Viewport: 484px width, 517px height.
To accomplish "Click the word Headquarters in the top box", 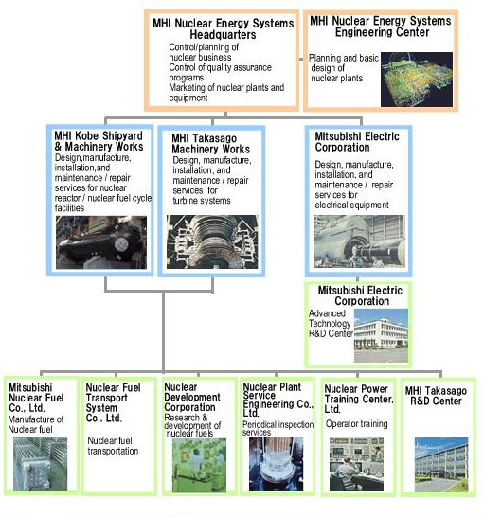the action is tap(223, 35).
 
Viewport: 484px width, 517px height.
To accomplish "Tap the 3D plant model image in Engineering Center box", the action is tap(417, 80).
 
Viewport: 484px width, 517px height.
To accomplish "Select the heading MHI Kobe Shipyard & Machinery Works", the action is tap(99, 141).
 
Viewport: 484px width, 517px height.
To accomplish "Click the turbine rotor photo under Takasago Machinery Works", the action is tap(212, 241).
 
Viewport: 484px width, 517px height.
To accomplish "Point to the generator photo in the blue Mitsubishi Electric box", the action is tap(359, 241).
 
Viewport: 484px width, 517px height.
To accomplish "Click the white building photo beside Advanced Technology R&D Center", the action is tap(381, 335).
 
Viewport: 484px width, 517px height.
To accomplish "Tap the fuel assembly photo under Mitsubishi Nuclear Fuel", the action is tap(40, 464).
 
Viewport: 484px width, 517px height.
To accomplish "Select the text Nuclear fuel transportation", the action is tap(113, 446).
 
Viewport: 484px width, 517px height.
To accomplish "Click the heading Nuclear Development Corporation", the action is tap(192, 397).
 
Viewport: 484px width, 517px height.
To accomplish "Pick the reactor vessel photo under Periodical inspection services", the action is tap(277, 464).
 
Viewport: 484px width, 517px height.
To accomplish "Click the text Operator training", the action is tap(356, 423).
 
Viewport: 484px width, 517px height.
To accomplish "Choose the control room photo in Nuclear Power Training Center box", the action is tap(356, 464).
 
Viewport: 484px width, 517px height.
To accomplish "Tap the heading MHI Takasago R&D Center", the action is tap(436, 396).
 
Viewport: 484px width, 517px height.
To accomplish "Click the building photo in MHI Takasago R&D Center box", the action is tap(441, 464).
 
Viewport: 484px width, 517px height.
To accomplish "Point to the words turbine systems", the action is tap(202, 201).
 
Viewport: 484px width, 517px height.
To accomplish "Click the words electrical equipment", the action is tap(351, 205).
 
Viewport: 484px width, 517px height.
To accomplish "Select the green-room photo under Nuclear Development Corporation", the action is tap(199, 465).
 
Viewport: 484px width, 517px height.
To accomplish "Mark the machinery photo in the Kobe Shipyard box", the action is tap(101, 242).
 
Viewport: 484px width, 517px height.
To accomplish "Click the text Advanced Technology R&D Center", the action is tap(331, 324).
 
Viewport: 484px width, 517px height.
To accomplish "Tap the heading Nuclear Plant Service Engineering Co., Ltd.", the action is tap(278, 400).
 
